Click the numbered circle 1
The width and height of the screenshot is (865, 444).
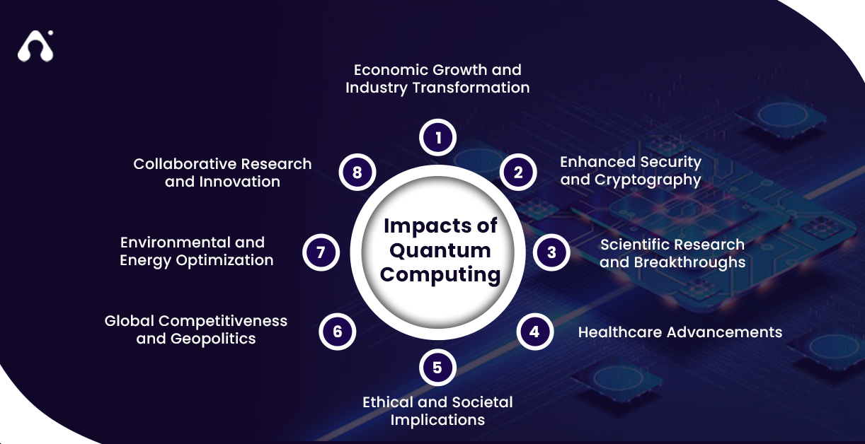[438, 137]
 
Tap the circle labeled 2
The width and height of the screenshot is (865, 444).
[519, 172]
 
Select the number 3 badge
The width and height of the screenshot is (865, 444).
[552, 252]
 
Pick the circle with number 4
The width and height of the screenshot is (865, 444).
[534, 331]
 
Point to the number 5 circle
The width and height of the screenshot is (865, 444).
[437, 368]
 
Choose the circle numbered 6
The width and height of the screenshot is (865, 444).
[337, 331]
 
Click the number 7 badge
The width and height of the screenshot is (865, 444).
[321, 252]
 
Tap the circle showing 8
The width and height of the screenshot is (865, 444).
[357, 172]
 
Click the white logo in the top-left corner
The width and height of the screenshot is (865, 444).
[35, 47]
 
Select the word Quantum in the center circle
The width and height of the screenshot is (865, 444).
[440, 250]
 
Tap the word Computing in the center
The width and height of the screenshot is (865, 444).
[440, 274]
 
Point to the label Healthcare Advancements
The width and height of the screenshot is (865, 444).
[680, 332]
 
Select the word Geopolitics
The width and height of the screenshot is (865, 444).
[213, 339]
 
